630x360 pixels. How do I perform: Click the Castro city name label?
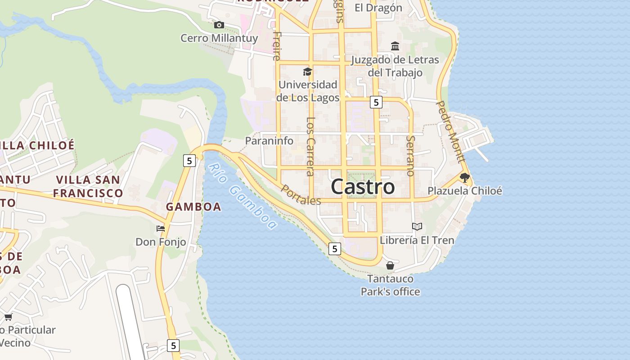363,187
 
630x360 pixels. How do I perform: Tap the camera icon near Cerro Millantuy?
219,25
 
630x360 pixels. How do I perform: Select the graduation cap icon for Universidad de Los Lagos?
307,72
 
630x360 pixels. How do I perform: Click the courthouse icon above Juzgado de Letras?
395,46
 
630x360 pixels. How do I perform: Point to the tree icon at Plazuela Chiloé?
465,177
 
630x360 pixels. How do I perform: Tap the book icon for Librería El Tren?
417,226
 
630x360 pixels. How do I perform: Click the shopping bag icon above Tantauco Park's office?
390,265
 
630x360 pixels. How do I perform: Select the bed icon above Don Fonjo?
161,229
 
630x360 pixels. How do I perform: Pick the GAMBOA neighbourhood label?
193,207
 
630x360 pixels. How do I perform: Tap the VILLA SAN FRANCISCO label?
88,186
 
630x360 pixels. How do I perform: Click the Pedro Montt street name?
450,132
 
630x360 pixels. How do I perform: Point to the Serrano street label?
410,155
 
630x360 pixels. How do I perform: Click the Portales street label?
301,194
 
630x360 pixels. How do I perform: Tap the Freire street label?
277,45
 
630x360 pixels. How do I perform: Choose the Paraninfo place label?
269,141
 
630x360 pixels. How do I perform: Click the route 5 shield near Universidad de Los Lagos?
376,102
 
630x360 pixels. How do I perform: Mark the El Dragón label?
378,8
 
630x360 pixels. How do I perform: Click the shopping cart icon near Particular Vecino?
8,317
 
